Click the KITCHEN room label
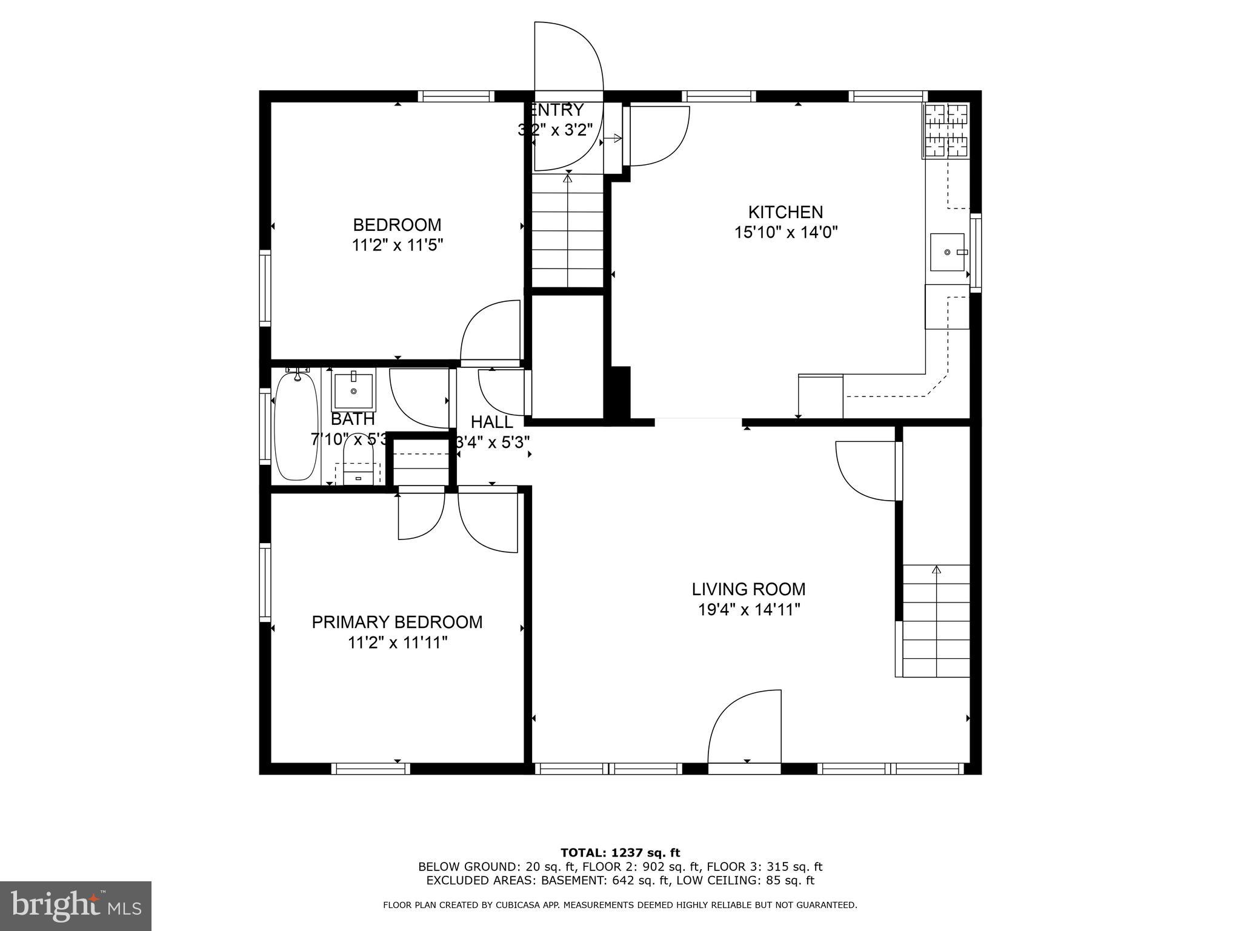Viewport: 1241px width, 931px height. (785, 212)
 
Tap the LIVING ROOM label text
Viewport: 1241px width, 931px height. (749, 589)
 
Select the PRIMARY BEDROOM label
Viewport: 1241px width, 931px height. (397, 622)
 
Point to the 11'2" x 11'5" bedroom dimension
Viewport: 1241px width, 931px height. (397, 245)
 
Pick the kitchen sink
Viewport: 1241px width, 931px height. (947, 252)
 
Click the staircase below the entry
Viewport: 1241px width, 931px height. (568, 230)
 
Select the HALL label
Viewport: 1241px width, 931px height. (492, 422)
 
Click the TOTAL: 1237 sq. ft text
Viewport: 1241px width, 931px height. (620, 853)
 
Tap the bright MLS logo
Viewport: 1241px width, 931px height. (76, 906)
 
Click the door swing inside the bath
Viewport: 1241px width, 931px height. (418, 397)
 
